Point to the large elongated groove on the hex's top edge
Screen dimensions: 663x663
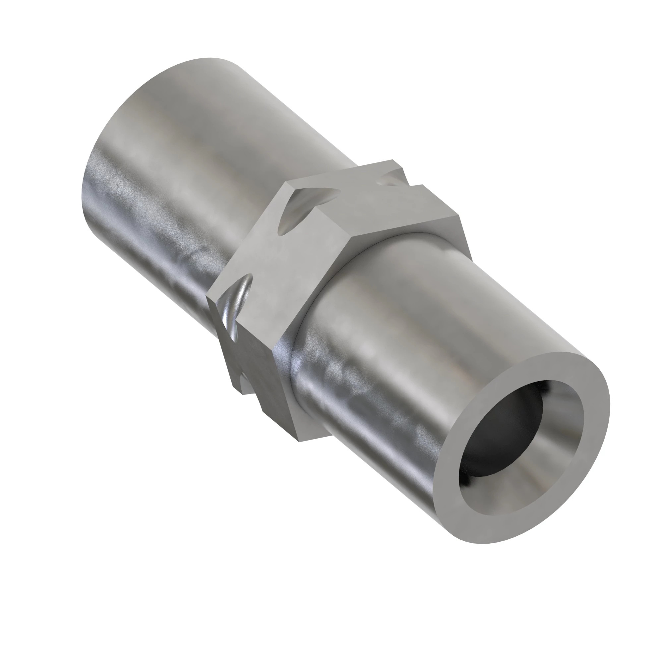(302, 209)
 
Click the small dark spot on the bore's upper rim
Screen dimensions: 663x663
(546, 388)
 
